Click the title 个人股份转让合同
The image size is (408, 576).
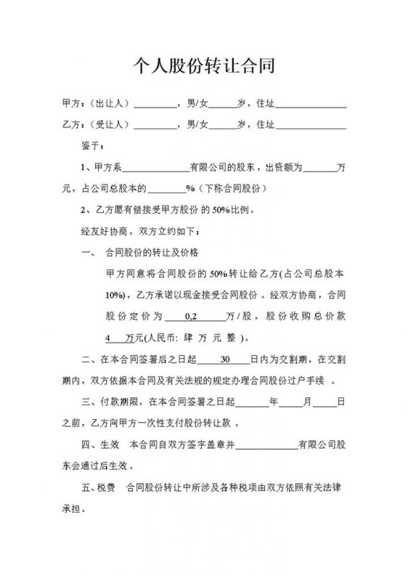pyautogui.click(x=204, y=68)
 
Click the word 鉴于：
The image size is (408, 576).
pyautogui.click(x=94, y=146)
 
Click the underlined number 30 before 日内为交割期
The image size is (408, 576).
pyautogui.click(x=223, y=359)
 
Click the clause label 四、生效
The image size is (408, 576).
pyautogui.click(x=102, y=444)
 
